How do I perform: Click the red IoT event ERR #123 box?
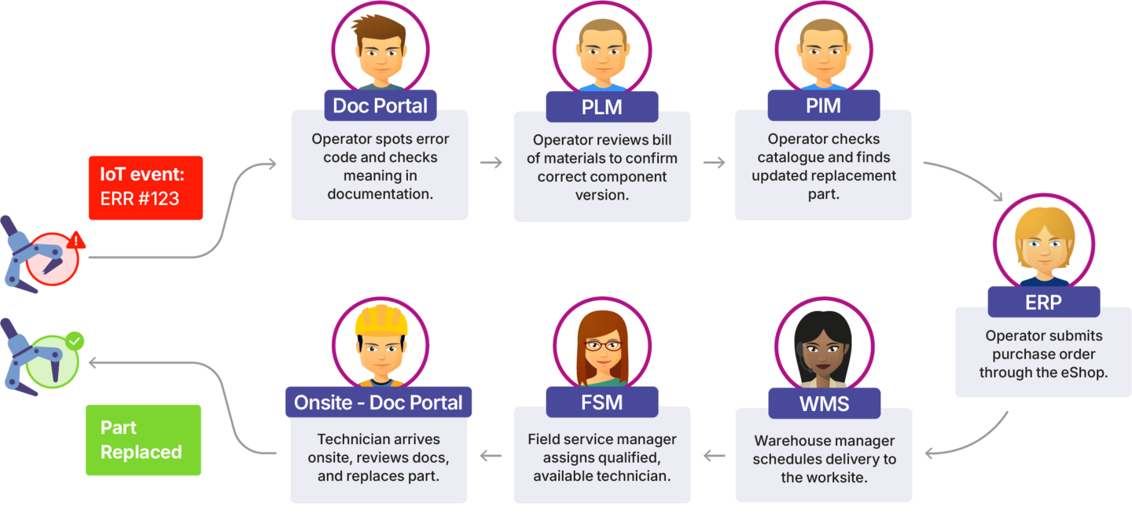coord(145,187)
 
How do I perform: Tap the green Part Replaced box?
coord(143,440)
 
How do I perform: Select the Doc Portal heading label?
coord(380,105)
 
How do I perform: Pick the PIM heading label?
coord(823,105)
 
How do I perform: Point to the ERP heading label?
coord(1043,303)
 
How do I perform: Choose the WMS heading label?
coord(824,405)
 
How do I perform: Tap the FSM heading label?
coord(602,402)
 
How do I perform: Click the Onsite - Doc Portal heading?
coord(378,402)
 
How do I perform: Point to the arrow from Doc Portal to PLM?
coord(491,163)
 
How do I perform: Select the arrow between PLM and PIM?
coord(713,163)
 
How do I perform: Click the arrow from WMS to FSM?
coord(714,455)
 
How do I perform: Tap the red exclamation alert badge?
coord(75,240)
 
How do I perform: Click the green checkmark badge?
coord(75,342)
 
